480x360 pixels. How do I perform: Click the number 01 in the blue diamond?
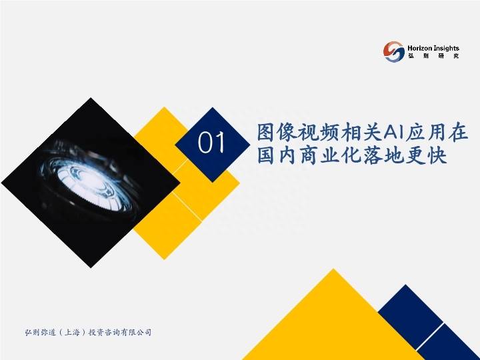(211, 143)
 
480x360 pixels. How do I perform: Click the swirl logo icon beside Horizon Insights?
(394, 52)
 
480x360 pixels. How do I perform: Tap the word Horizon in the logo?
(420, 48)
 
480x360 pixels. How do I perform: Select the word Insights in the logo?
(446, 49)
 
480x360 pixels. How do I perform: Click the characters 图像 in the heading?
(277, 133)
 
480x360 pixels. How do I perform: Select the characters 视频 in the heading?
(318, 133)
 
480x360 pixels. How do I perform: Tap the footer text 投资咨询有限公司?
(120, 332)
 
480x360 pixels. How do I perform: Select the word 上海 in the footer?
(72, 332)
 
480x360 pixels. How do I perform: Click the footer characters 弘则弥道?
(41, 332)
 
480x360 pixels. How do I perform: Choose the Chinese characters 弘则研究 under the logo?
(433, 56)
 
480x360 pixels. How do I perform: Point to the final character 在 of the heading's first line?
(458, 133)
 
